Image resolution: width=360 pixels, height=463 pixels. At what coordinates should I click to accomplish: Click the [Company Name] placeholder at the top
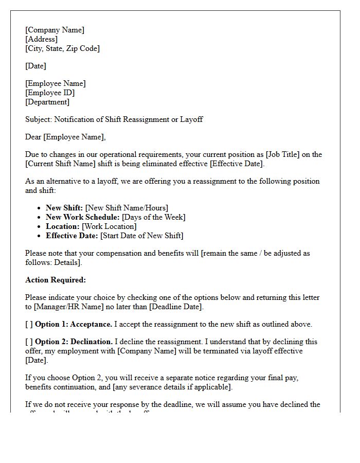[55, 30]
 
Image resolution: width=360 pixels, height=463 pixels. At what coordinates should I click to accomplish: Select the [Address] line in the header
[41, 39]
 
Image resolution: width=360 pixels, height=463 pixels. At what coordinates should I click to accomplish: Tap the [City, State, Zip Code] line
[62, 48]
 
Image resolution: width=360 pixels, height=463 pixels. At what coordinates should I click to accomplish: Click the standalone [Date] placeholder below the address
[35, 66]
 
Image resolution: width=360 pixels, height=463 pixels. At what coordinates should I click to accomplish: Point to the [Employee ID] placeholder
[50, 93]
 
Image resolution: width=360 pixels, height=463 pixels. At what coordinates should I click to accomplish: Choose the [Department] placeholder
[47, 102]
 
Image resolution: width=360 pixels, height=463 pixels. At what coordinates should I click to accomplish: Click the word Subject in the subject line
[38, 119]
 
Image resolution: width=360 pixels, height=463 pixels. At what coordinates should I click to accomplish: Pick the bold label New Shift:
[64, 208]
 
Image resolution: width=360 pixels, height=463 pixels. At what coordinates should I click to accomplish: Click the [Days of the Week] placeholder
[153, 217]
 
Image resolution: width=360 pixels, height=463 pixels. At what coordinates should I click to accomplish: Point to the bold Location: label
[63, 226]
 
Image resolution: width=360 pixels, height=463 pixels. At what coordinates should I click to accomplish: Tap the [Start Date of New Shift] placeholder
[141, 236]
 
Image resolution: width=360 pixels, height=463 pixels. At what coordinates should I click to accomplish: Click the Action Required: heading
[56, 280]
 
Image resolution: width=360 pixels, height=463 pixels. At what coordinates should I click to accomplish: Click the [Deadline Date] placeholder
[175, 307]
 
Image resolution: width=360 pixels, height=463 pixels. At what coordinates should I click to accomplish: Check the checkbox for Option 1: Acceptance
[29, 324]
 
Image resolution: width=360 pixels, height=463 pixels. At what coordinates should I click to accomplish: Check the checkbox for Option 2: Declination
[29, 342]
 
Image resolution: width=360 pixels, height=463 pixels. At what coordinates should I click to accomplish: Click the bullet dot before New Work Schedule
[40, 218]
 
